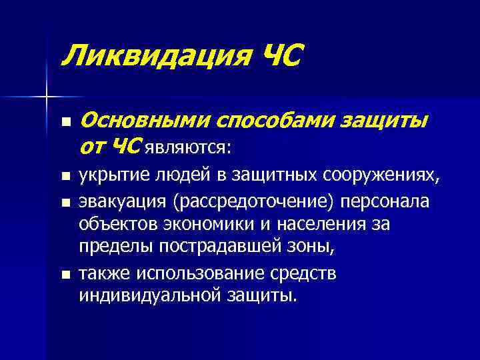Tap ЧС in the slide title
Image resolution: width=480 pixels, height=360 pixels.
tap(279, 54)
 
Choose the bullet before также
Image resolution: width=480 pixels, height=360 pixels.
tap(65, 273)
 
